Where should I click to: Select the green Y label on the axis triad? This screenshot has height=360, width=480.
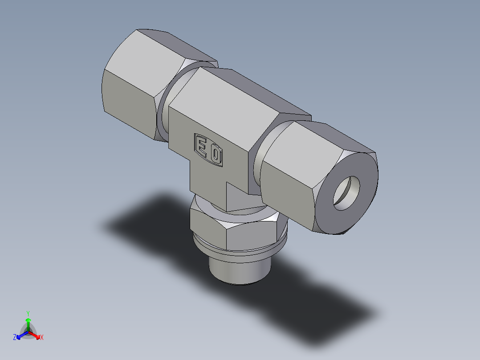pos(28,313)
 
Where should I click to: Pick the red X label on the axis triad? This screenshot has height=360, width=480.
pos(42,337)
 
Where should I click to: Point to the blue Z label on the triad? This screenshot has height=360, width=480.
pos(15,337)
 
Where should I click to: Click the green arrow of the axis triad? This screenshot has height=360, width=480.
pos(28,323)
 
